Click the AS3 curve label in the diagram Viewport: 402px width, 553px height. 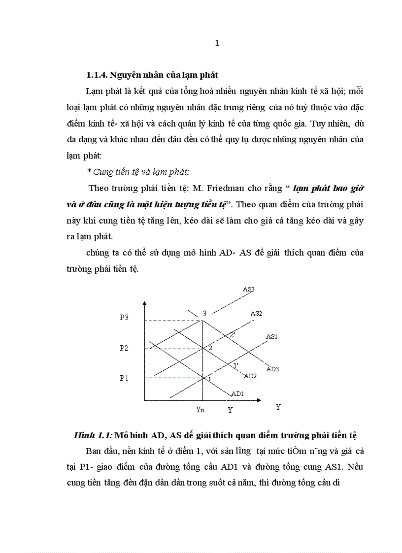click(x=249, y=290)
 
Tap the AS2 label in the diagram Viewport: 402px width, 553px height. click(x=256, y=313)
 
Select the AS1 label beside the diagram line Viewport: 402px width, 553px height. click(x=272, y=336)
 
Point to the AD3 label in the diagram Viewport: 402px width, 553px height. click(x=272, y=369)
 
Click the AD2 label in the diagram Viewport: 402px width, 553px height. click(x=251, y=376)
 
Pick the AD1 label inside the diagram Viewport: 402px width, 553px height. click(x=237, y=393)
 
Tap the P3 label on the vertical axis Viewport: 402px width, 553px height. click(x=124, y=318)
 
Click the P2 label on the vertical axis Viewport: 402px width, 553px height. click(x=124, y=348)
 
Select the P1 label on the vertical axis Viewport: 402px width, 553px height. click(x=124, y=378)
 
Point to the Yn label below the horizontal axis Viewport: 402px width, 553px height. click(x=200, y=409)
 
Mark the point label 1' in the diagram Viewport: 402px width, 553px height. click(x=236, y=365)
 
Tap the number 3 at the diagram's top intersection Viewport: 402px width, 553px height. click(x=204, y=313)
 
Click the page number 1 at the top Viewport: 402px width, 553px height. click(x=217, y=43)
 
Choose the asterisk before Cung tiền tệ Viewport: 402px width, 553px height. click(x=89, y=171)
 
